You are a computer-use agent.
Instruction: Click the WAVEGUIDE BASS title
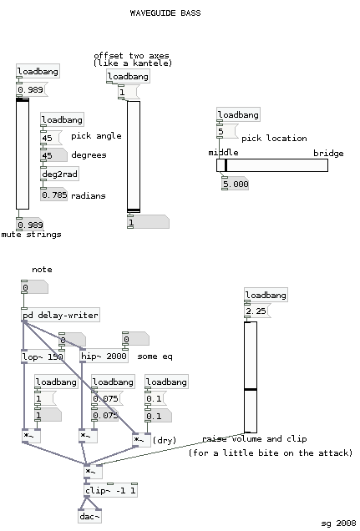165,13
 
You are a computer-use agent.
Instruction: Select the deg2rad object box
59,174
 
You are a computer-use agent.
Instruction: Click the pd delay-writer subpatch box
61,315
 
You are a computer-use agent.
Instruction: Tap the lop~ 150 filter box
43,357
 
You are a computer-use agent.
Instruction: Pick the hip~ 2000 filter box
104,356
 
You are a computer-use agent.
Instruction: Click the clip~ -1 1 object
110,490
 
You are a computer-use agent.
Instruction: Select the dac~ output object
89,516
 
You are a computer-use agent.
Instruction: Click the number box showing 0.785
53,195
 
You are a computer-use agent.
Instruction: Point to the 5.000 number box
235,184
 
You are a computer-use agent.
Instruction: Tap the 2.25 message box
257,311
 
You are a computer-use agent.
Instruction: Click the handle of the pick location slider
226,165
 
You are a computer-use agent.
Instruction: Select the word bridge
328,154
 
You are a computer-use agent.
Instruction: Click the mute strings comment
31,235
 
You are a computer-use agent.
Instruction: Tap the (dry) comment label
165,440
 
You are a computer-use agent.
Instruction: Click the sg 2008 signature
338,523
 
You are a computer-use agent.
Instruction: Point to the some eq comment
155,357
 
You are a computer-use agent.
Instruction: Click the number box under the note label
34,287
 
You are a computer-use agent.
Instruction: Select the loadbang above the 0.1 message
166,382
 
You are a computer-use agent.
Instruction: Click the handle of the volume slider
251,390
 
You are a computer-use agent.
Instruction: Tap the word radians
89,195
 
